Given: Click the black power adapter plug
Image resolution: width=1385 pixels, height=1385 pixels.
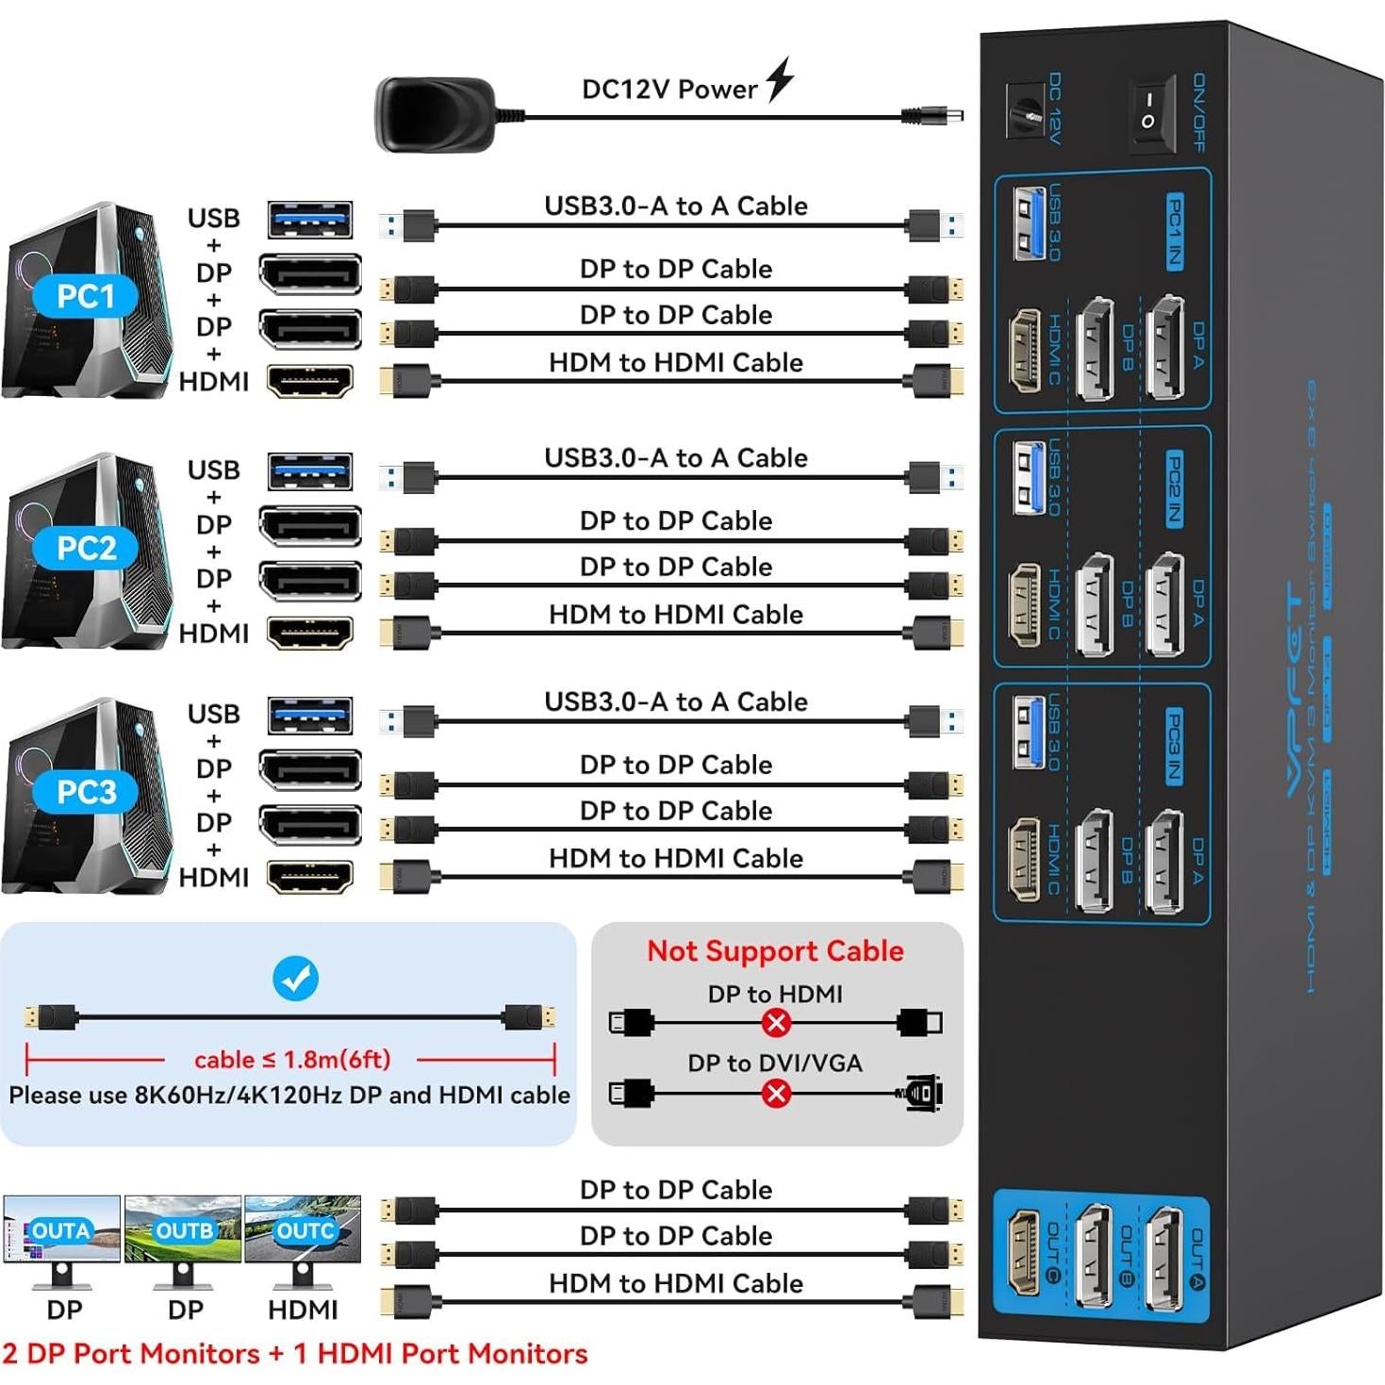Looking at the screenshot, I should (434, 114).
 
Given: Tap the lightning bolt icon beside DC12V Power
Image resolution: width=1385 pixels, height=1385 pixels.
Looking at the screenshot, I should (780, 79).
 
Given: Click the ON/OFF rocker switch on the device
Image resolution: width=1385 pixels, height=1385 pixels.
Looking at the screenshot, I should (1151, 113).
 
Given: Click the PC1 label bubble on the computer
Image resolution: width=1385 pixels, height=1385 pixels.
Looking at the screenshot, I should (85, 297).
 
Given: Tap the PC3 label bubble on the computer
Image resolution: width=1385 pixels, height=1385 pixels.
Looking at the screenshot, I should (85, 793).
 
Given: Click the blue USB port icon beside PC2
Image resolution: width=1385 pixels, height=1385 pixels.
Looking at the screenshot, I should (310, 471).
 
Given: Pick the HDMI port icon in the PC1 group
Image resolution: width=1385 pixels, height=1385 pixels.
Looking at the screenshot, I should (310, 382).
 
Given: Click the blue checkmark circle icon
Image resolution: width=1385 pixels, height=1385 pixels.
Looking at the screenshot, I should (295, 979).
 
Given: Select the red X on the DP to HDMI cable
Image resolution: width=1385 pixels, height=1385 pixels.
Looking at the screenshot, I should (776, 1022).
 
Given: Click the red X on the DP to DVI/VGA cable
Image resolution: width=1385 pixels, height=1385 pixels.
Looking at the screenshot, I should (776, 1094).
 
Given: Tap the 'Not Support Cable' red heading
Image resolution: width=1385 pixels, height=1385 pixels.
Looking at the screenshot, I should (775, 951).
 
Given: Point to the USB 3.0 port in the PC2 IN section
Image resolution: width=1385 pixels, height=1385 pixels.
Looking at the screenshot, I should (1028, 477).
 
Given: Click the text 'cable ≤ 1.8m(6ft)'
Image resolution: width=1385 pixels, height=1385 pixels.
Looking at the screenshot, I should (292, 1060).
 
